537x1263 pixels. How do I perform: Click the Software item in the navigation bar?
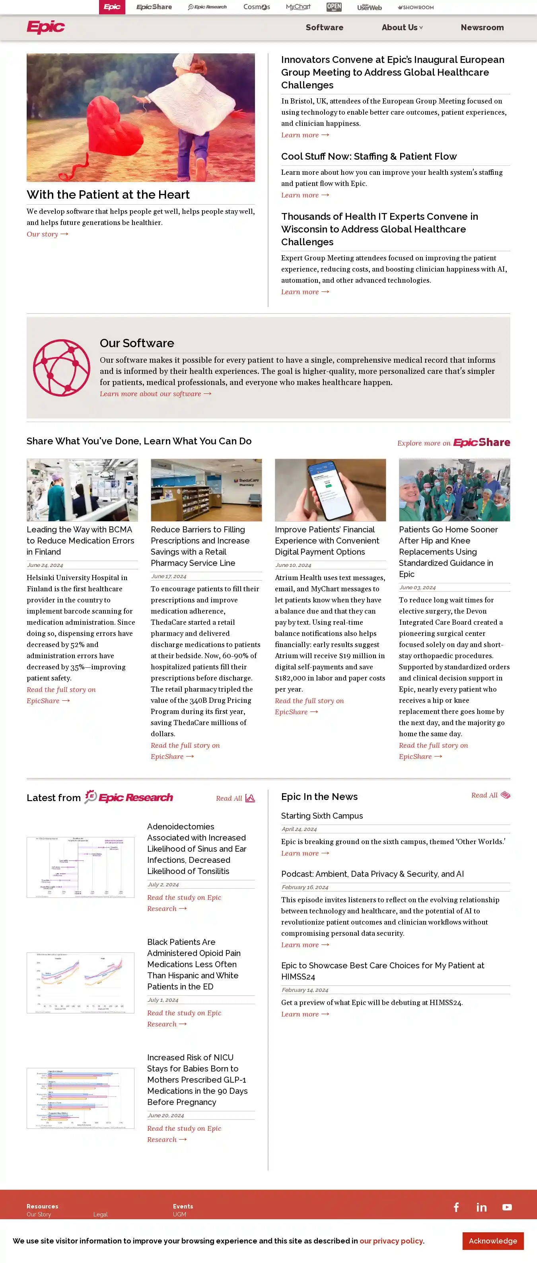coord(324,27)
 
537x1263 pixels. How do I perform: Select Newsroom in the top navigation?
coord(482,27)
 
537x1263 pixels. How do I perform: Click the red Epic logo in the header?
coord(46,27)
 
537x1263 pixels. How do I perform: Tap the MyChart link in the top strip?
coord(298,7)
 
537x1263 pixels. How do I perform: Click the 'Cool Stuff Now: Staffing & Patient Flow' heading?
coord(368,156)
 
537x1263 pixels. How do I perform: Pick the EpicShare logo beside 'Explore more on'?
coord(481,442)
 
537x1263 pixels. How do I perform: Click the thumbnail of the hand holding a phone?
coord(330,490)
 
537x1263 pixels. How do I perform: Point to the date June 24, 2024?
coord(45,565)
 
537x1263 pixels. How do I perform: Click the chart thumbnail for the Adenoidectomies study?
coord(80,867)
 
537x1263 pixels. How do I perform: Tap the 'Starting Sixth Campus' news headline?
coord(322,816)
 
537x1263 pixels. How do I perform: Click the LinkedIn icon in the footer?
coord(481,1207)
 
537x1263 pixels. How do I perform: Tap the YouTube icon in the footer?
coord(507,1207)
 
